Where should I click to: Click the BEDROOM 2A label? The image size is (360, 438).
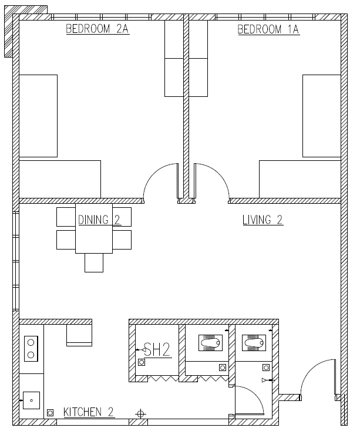tap(97, 29)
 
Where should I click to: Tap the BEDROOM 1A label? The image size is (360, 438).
tap(268, 29)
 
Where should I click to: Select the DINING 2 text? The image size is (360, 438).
tap(99, 220)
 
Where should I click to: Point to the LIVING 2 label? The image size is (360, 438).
tap(263, 220)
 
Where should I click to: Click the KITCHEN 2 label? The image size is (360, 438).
tap(89, 412)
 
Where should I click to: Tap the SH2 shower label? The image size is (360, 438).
tap(157, 349)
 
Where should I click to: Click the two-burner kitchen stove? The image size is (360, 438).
tap(31, 349)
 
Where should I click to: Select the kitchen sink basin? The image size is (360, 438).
tap(31, 400)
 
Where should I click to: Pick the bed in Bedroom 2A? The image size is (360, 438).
tap(38, 116)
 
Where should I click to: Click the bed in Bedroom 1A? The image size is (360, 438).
tap(322, 116)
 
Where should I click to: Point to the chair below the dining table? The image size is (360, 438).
tap(94, 262)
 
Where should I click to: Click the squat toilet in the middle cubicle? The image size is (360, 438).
tap(210, 343)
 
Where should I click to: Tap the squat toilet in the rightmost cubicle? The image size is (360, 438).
tap(254, 343)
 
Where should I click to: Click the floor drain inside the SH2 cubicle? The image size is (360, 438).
tap(142, 362)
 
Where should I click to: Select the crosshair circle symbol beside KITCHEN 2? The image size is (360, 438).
tap(140, 414)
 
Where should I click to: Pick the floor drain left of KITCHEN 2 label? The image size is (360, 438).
tap(51, 413)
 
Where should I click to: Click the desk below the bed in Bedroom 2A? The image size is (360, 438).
tap(60, 179)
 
